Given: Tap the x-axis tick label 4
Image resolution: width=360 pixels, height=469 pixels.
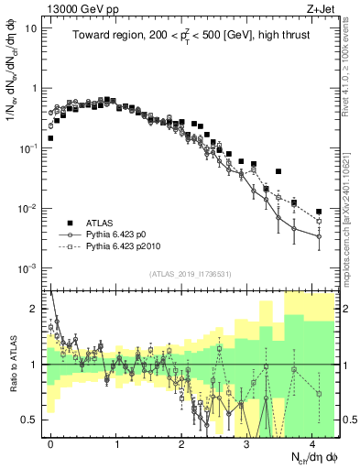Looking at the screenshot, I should pos(312,443).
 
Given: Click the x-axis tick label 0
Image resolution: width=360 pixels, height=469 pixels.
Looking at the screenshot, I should pos(51,443).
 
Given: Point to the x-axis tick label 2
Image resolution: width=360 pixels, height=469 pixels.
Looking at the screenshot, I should pos(181,443).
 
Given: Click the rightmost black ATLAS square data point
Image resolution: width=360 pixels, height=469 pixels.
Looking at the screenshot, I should pos(319,212).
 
